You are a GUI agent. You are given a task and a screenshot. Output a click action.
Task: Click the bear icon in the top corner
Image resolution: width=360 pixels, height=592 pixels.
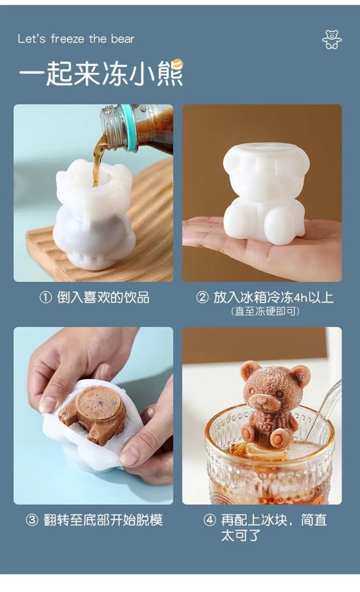pyautogui.click(x=332, y=40)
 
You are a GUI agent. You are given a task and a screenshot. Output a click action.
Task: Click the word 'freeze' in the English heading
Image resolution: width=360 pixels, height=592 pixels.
pyautogui.click(x=67, y=39)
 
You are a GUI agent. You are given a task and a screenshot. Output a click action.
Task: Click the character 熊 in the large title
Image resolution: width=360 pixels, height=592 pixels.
pyautogui.click(x=169, y=73)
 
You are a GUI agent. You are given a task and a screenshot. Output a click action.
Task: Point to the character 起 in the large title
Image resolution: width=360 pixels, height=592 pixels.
pyautogui.click(x=59, y=73)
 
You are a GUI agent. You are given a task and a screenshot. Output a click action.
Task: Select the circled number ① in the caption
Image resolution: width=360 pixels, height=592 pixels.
pyautogui.click(x=45, y=298)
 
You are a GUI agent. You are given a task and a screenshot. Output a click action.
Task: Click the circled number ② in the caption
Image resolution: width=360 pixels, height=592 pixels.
pyautogui.click(x=202, y=298)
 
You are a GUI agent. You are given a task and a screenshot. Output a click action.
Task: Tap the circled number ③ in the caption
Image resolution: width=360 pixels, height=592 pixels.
pyautogui.click(x=32, y=520)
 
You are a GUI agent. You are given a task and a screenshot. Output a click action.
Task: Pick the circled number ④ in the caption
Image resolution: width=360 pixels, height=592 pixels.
pyautogui.click(x=210, y=520)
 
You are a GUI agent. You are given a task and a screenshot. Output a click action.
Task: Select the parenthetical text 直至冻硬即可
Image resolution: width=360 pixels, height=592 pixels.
pyautogui.click(x=265, y=311)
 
